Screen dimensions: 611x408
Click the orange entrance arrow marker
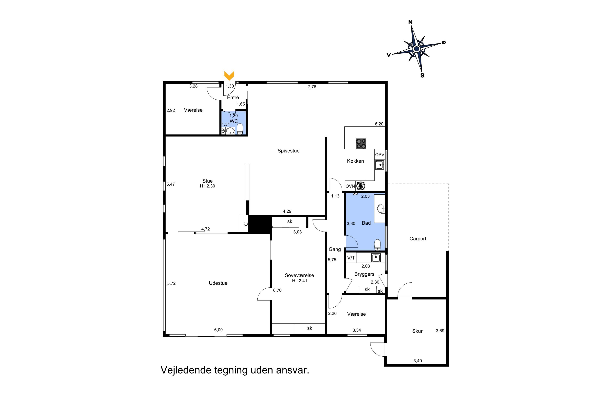point(229,75)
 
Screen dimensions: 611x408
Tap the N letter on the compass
point(410,22)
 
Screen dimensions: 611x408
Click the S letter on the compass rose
point(422,75)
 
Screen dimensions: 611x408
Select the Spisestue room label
point(288,151)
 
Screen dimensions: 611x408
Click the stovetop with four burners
point(361,144)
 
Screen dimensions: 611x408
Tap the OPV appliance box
point(380,155)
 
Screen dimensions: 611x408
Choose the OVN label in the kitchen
point(350,186)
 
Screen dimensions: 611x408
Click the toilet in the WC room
point(240,129)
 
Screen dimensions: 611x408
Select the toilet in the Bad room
point(377,245)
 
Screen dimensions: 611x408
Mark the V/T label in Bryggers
point(351,258)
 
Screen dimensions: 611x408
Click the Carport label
point(418,239)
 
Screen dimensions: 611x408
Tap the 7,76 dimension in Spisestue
point(312,87)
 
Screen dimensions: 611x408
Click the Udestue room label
point(218,283)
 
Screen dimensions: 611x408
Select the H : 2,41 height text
point(300,281)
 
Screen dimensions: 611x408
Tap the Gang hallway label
point(335,249)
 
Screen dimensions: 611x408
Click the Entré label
point(233,97)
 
